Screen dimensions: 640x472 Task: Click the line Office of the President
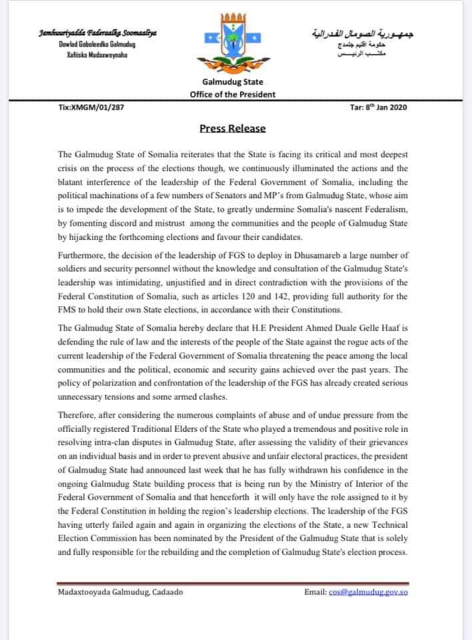pos(232,94)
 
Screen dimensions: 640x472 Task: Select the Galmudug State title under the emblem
pos(232,81)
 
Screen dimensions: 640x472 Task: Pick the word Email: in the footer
pos(316,592)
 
